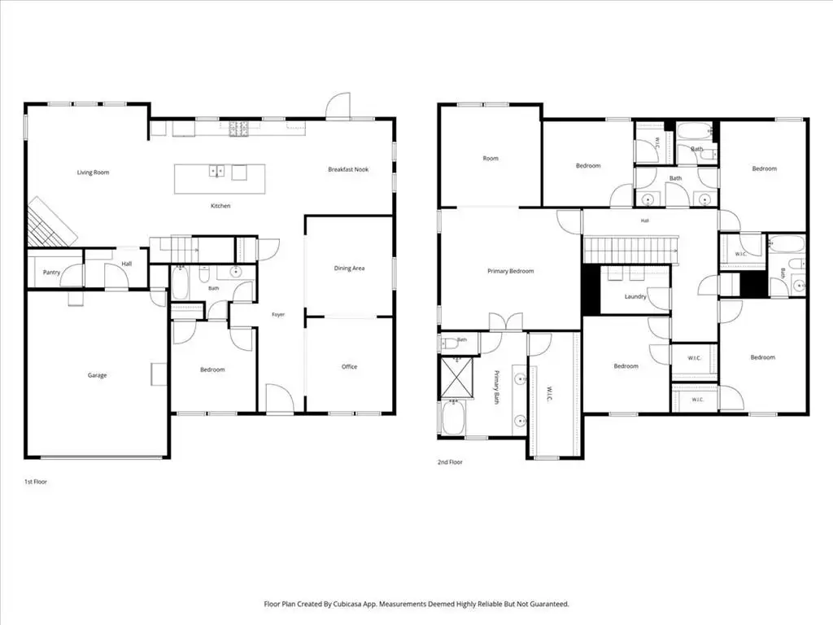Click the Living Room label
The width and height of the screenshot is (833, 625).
click(93, 173)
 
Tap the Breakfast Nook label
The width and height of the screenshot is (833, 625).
click(348, 169)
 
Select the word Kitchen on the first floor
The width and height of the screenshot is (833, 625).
click(220, 206)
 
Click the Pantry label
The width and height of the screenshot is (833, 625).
click(51, 272)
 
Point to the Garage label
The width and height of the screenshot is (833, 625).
click(98, 375)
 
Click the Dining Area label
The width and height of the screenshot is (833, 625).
click(349, 268)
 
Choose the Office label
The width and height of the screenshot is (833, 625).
click(349, 366)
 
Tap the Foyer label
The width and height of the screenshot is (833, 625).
click(278, 315)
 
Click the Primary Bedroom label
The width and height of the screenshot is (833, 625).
click(511, 271)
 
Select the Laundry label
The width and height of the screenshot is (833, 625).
click(635, 296)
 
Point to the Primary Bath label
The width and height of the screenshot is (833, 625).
click(497, 387)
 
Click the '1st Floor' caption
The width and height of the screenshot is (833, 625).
click(36, 482)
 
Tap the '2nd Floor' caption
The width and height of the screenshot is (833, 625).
click(450, 462)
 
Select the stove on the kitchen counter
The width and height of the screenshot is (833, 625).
click(239, 129)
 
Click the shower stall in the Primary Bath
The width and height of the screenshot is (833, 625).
click(457, 378)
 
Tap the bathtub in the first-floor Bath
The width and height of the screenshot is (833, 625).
click(180, 283)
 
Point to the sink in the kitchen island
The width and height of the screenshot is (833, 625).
click(216, 171)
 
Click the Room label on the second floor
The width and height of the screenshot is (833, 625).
click(491, 159)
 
